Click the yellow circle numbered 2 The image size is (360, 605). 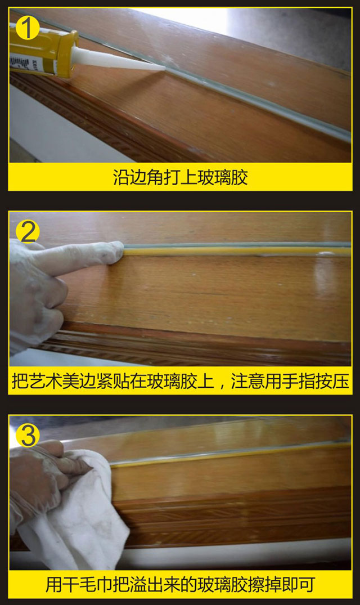(27, 231)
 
